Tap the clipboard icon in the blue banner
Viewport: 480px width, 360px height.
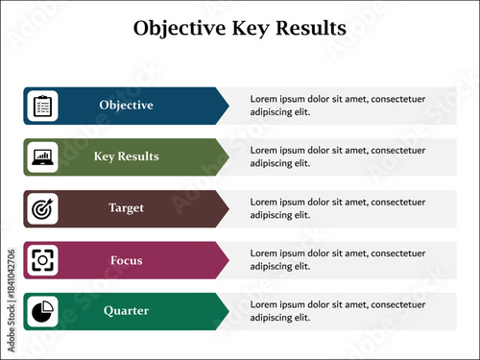(43, 106)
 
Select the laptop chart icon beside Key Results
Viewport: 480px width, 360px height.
(43, 156)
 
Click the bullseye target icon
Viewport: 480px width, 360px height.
(43, 208)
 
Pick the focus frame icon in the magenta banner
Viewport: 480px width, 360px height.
(43, 260)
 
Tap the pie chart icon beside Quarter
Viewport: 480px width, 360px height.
(43, 311)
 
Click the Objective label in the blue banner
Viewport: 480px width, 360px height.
(126, 106)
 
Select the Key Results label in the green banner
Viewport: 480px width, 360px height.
(126, 156)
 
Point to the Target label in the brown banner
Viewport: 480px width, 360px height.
(126, 208)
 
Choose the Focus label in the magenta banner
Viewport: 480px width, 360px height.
(126, 260)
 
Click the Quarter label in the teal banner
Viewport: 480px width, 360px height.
(126, 311)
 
